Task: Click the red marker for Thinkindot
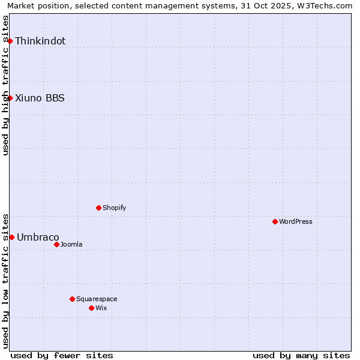[x=10, y=41]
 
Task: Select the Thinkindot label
[x=40, y=41]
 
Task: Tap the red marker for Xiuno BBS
[x=10, y=98]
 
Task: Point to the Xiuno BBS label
[x=40, y=98]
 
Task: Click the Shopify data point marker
[x=98, y=208]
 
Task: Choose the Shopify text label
[x=114, y=208]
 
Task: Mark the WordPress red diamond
[x=275, y=221]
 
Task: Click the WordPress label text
[x=296, y=222]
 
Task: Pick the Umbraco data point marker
[x=11, y=237]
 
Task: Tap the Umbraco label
[x=38, y=238]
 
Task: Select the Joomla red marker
[x=56, y=244]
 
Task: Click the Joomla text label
[x=71, y=245]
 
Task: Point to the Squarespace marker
[x=72, y=299]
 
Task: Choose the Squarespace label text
[x=97, y=299]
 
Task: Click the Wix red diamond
[x=91, y=308]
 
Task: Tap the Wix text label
[x=101, y=308]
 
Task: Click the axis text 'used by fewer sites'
[x=62, y=355]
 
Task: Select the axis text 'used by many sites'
[x=301, y=355]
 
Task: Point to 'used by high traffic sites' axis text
[x=5, y=85]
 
